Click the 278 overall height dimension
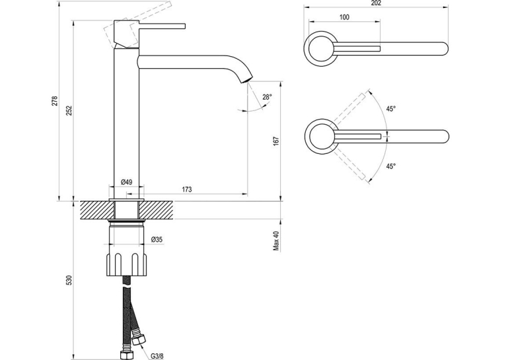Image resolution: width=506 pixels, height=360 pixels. (55, 100)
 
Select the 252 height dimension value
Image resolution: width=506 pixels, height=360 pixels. (70, 110)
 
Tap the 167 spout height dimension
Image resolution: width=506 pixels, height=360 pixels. (276, 141)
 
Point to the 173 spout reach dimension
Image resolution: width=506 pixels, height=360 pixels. (187, 190)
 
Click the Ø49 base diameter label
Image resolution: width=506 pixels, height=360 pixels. (127, 182)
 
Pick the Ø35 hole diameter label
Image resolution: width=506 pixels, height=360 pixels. (157, 239)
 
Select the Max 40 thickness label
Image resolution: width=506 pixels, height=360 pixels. (276, 240)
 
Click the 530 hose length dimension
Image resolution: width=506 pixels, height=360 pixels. (69, 280)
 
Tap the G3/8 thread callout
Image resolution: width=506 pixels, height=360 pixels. (157, 356)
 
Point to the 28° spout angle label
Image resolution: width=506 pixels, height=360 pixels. (267, 97)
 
